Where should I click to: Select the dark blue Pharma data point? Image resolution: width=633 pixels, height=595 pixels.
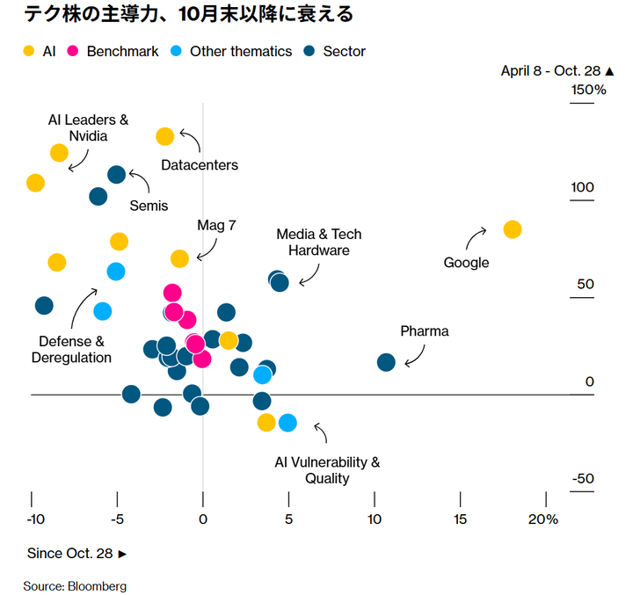(x=386, y=362)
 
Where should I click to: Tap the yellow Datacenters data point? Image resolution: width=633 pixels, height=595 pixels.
(x=164, y=136)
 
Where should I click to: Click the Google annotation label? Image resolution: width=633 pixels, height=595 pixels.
(x=466, y=263)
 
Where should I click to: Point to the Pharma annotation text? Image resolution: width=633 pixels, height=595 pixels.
(x=425, y=331)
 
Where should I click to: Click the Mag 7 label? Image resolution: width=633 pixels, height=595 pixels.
(x=216, y=225)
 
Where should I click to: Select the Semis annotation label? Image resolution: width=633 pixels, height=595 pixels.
(x=149, y=206)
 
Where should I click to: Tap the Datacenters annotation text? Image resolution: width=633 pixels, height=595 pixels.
(x=200, y=165)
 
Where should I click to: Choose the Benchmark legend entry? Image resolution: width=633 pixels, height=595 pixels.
(x=113, y=51)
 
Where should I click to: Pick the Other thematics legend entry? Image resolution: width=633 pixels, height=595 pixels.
(x=232, y=51)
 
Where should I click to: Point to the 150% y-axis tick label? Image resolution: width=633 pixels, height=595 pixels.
(x=588, y=91)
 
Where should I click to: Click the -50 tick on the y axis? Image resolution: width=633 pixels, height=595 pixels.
(x=582, y=479)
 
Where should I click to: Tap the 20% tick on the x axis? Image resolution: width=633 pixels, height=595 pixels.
(x=543, y=519)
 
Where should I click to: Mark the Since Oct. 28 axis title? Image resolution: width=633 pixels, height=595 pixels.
(x=76, y=554)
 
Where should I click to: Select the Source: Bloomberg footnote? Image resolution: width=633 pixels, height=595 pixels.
(x=75, y=585)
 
